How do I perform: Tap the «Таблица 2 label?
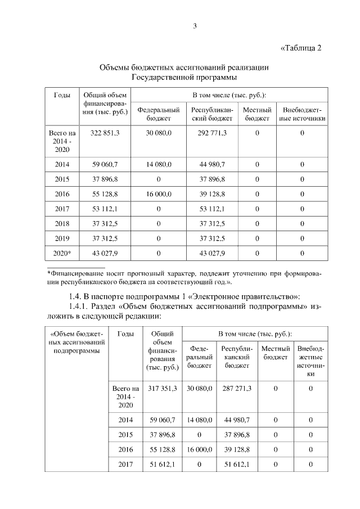click(x=300, y=47)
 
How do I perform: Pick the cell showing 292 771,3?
click(x=212, y=133)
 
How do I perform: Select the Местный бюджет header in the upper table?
click(x=257, y=114)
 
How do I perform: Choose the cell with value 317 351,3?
click(x=163, y=388)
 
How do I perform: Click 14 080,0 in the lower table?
click(x=200, y=420)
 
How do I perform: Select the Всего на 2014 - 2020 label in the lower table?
click(x=125, y=397)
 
